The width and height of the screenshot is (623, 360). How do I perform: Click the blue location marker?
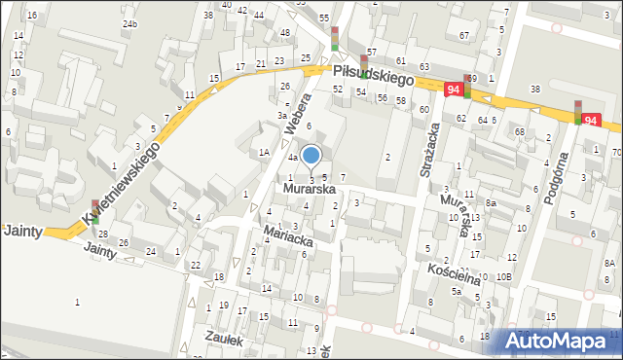(x=311, y=154)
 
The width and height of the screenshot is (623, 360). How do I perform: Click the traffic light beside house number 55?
(x=334, y=37)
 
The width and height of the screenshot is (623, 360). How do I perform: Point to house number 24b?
(x=129, y=23)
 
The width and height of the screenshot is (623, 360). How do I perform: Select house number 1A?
(x=264, y=152)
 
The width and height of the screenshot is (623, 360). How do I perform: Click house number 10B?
(x=502, y=277)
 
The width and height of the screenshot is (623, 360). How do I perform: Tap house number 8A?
(x=609, y=263)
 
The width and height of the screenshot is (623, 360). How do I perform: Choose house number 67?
(x=463, y=35)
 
